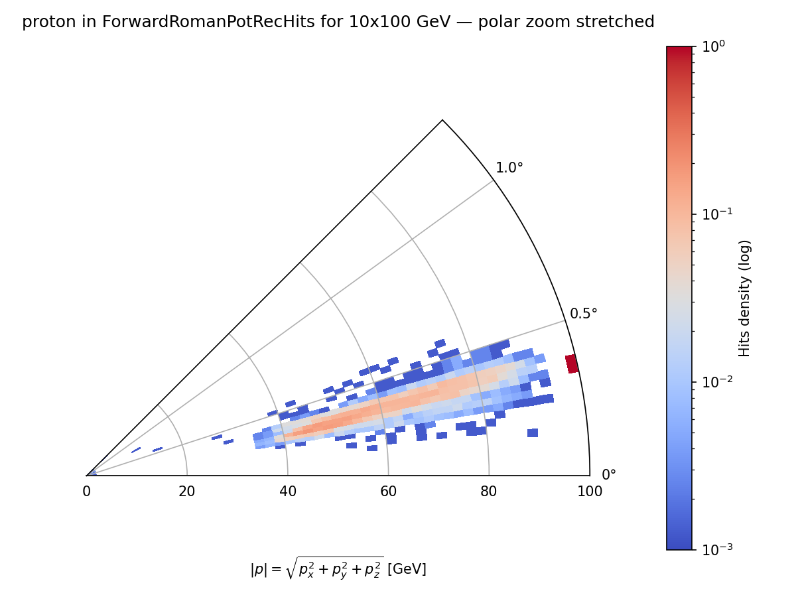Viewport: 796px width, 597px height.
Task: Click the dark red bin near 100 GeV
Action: (572, 364)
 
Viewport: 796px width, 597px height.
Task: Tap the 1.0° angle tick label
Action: (509, 168)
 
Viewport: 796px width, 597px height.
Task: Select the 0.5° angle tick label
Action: (584, 313)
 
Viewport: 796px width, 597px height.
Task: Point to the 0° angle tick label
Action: (609, 475)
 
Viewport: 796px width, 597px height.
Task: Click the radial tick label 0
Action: (86, 492)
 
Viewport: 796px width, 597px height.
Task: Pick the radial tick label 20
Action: (187, 492)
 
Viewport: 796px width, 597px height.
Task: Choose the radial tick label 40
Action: (288, 492)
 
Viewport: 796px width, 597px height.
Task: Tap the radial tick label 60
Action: (388, 492)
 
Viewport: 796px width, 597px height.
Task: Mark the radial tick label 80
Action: (489, 492)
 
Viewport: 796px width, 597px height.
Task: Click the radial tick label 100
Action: (590, 492)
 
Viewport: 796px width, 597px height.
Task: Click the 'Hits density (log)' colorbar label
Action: (745, 298)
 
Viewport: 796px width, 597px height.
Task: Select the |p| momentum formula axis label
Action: (338, 568)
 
